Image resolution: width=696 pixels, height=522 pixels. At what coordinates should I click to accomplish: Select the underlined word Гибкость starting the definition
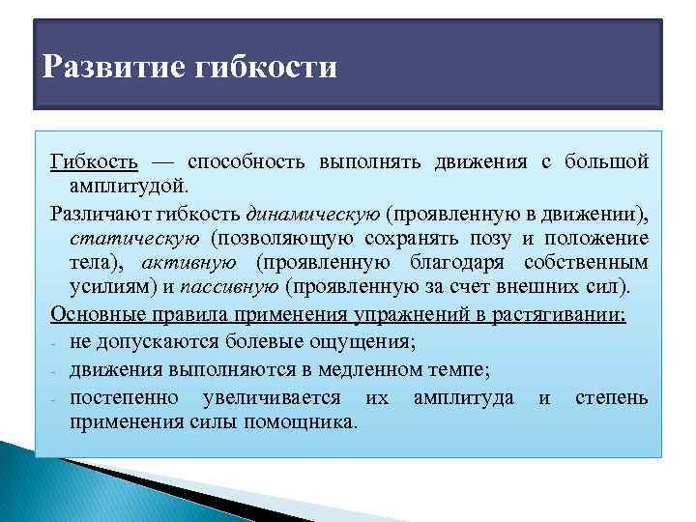[94, 161]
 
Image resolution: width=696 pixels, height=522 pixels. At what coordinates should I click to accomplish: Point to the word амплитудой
[130, 184]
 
